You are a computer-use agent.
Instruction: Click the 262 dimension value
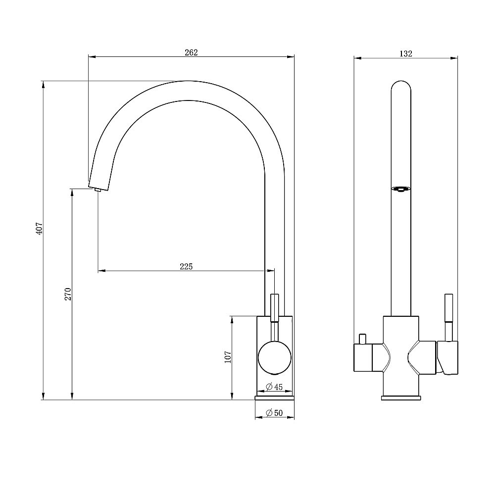[x=191, y=52]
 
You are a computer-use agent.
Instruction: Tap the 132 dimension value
[x=406, y=53]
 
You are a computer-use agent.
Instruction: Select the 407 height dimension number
[x=39, y=228]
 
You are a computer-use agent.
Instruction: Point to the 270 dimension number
[x=68, y=294]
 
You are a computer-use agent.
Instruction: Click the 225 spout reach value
[x=186, y=266]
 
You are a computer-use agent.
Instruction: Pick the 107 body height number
[x=228, y=357]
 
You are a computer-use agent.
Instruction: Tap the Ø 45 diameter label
[x=274, y=387]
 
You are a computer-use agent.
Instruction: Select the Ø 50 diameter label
[x=274, y=413]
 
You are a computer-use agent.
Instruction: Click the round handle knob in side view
[x=275, y=358]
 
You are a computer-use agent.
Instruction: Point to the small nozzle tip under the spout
[x=97, y=190]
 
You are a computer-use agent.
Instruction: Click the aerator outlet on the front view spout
[x=401, y=189]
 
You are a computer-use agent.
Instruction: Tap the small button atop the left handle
[x=363, y=339]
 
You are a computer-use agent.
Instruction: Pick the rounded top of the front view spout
[x=401, y=86]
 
